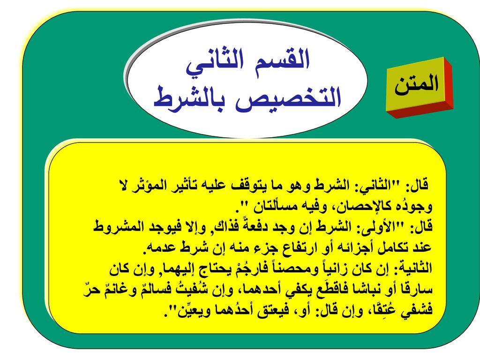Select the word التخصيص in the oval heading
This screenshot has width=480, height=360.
pyautogui.click(x=288, y=97)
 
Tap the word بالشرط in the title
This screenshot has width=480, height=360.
pyautogui.click(x=192, y=97)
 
